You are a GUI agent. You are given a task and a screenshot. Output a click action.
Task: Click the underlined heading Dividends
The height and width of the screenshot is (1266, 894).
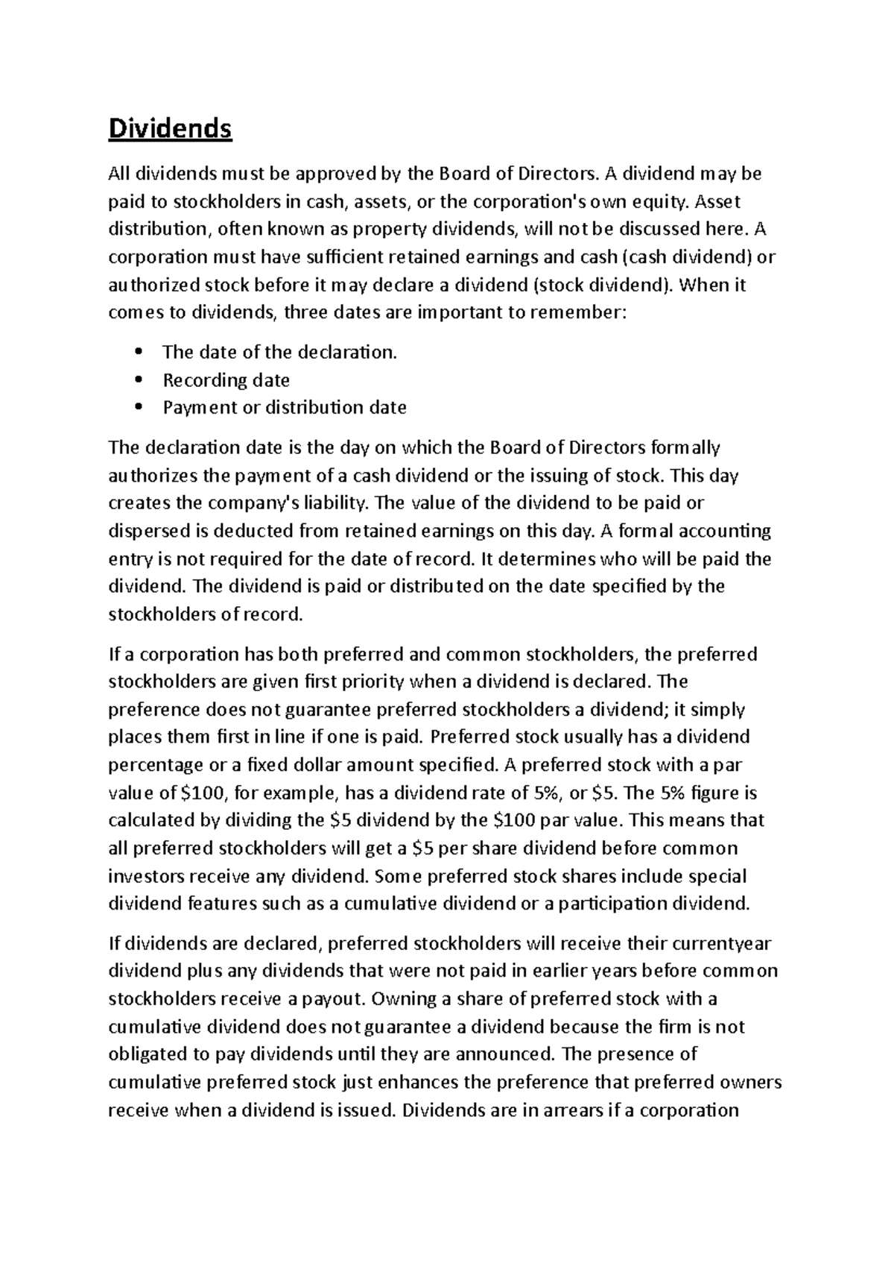(170, 130)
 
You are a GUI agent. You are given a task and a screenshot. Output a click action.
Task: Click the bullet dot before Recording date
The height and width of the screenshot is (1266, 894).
(139, 380)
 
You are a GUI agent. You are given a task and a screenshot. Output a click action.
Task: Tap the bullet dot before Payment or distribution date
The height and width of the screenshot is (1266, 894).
(139, 407)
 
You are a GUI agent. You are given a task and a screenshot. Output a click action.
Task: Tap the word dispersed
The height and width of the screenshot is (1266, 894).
(145, 531)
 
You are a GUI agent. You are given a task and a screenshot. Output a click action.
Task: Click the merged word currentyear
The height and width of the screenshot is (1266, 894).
(722, 944)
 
